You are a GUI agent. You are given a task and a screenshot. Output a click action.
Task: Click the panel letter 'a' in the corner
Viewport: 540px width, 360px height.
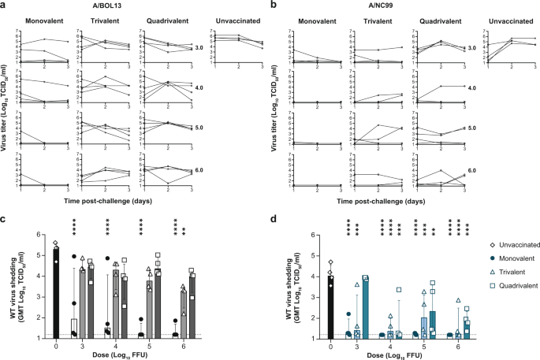[6, 6]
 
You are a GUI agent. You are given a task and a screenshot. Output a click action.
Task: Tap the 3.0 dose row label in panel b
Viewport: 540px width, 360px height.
[471, 48]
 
